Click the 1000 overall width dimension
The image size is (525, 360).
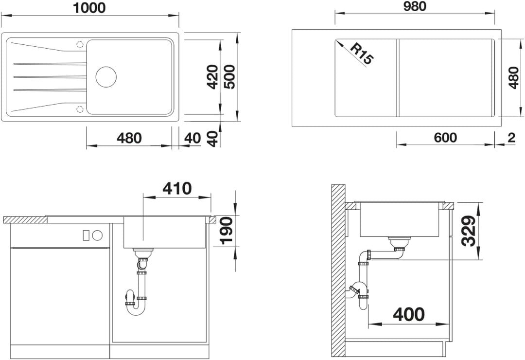click(89, 8)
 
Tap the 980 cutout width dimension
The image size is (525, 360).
click(415, 6)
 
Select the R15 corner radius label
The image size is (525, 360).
click(362, 54)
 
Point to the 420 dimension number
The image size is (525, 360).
click(212, 77)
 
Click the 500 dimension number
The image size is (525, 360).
click(229, 77)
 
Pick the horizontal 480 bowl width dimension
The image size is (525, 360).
click(129, 138)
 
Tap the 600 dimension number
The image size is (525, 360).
click(445, 137)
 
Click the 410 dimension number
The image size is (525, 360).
click(177, 189)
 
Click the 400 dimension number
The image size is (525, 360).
click(409, 314)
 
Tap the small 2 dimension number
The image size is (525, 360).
click(511, 137)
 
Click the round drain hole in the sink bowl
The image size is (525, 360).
click(106, 77)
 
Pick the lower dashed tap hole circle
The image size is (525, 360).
click(80, 109)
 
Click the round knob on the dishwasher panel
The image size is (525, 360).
click(97, 235)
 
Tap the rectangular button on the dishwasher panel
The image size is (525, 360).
click(86, 235)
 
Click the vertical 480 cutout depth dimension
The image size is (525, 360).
click(513, 78)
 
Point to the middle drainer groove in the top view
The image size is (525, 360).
click(50, 77)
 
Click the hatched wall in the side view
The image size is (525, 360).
click(338, 270)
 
